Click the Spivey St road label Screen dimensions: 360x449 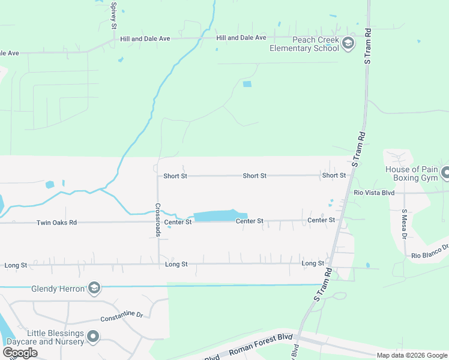click(113, 15)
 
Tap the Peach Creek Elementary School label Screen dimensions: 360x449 click(304, 44)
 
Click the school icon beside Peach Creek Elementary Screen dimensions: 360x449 click(348, 43)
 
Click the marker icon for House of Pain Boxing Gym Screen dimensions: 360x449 click(445, 173)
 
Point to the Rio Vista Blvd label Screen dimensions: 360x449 click(374, 193)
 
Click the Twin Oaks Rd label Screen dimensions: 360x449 click(56, 222)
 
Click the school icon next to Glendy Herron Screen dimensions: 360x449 click(94, 289)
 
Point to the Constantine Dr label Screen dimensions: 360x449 click(121, 316)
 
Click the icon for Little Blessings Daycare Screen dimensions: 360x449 click(93, 337)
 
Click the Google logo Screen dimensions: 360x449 click(20, 352)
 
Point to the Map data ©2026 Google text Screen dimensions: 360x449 click(411, 355)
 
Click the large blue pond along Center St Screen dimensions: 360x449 click(220, 215)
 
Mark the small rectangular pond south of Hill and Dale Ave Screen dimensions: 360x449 click(247, 84)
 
